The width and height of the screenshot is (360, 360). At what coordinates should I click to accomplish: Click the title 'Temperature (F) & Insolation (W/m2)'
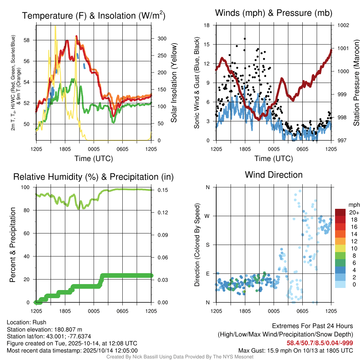pyautogui.click(x=94, y=15)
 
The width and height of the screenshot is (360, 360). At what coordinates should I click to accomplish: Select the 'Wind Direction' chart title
pyautogui.click(x=274, y=174)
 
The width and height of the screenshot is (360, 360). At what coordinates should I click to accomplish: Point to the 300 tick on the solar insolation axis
pyautogui.click(x=159, y=38)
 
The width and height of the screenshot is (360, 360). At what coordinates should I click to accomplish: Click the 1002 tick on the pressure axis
pyautogui.click(x=342, y=25)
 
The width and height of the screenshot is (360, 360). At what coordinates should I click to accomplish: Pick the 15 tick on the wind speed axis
pyautogui.click(x=207, y=44)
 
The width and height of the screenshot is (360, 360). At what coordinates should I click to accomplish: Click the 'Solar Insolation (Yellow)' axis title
pyautogui.click(x=174, y=83)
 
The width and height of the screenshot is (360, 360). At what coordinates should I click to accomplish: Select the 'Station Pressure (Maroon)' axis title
pyautogui.click(x=356, y=83)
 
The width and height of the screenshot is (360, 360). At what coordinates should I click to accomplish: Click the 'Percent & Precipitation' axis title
pyautogui.click(x=13, y=245)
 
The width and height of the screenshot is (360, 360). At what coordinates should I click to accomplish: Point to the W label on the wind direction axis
pyautogui.click(x=207, y=216)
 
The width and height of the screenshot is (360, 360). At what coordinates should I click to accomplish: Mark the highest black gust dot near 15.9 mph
pyautogui.click(x=245, y=39)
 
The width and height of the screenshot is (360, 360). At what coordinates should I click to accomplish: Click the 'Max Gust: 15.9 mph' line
pyautogui.click(x=296, y=350)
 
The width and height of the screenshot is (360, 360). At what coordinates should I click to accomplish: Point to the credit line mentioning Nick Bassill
pyautogui.click(x=180, y=356)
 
